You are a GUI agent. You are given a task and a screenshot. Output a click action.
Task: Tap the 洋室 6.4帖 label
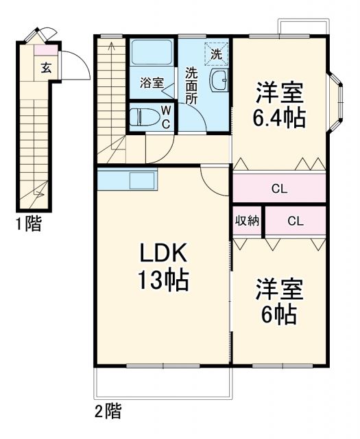[x=279, y=105]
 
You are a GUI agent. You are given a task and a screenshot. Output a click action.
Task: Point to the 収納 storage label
[x=248, y=221]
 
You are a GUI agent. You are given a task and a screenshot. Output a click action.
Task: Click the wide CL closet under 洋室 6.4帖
[x=278, y=189]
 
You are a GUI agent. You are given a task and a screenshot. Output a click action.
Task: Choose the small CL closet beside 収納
[x=295, y=221]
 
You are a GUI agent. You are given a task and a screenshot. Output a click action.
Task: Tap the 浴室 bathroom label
[x=152, y=83]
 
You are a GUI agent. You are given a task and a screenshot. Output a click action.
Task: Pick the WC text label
[x=166, y=117]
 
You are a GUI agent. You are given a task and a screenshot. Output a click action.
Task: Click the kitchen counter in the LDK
[x=128, y=180]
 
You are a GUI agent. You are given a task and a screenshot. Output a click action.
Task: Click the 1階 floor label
[x=28, y=224]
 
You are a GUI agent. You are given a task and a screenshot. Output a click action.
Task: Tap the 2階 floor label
[x=108, y=412]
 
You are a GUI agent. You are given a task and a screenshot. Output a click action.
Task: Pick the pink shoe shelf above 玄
[x=45, y=49]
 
